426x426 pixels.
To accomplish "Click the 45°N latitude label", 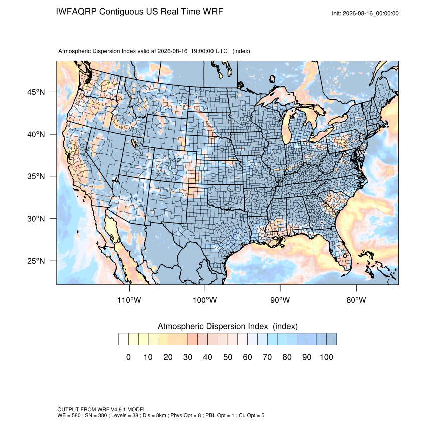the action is click(36, 92).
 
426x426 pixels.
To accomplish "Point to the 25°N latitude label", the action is click(36, 261).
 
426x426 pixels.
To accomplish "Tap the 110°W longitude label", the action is click(129, 300).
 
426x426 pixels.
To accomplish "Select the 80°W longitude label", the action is click(356, 300).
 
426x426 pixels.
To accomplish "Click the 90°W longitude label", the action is click(280, 300).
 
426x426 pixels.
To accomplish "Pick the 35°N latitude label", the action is click(36, 176).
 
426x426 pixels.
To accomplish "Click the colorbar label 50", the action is click(228, 357).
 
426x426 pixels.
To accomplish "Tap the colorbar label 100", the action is click(326, 357).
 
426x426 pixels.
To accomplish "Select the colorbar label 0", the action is click(128, 357).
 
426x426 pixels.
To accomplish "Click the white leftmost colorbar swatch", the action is click(123, 339).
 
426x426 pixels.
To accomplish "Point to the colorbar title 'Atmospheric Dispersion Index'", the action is click(212, 326).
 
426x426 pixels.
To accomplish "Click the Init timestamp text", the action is click(365, 13).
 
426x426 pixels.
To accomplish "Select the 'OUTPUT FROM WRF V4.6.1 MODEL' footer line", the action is click(102, 409).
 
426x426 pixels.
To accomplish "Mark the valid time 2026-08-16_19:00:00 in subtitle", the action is click(185, 51).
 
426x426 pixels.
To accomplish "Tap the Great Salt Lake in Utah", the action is click(134, 143).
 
